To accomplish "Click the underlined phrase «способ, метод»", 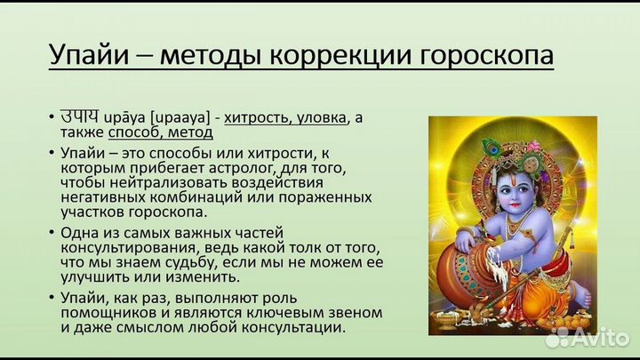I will pos(160,132).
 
